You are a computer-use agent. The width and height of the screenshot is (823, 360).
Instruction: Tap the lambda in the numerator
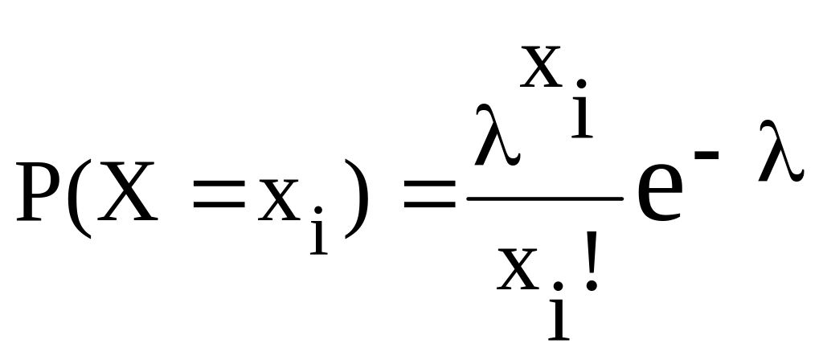(x=493, y=137)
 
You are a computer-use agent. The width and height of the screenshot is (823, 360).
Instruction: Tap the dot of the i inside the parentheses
(x=319, y=211)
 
